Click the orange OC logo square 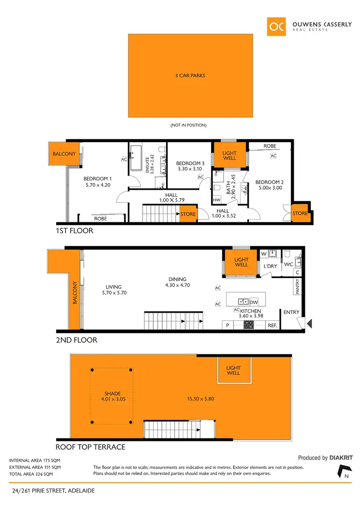click(277, 26)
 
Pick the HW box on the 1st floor click(216, 200)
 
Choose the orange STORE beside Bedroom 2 click(300, 213)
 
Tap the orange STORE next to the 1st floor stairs click(188, 214)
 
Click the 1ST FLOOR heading click(74, 231)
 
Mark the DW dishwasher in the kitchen click(254, 302)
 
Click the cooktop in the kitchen click(249, 325)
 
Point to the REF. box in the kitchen click(273, 326)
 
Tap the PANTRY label click(298, 287)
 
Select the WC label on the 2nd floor click(288, 265)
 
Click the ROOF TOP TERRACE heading click(90, 447)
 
